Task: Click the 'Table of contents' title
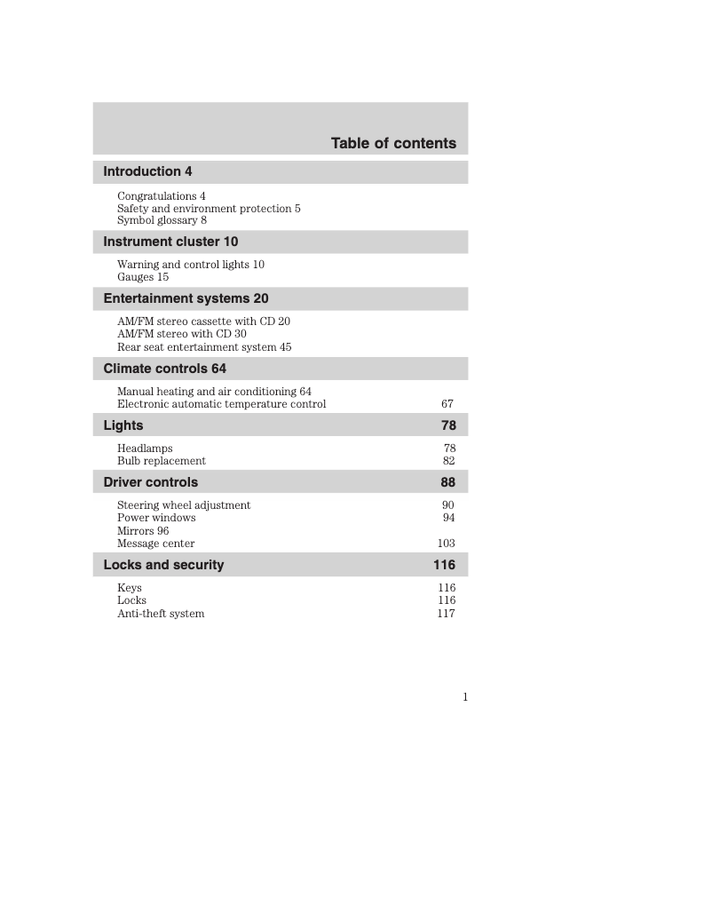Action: click(393, 143)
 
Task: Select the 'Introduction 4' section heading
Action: click(147, 171)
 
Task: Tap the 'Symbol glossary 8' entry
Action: click(162, 220)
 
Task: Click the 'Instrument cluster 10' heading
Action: click(170, 242)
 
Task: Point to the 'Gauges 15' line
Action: click(143, 277)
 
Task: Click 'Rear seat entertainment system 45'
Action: click(204, 347)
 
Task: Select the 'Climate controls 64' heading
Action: click(164, 369)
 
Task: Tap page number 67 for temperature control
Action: click(447, 404)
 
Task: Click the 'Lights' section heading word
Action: click(123, 425)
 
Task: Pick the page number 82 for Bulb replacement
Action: click(449, 461)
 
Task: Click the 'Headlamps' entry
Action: click(145, 449)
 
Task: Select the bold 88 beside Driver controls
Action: click(448, 482)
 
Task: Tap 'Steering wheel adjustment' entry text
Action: click(184, 505)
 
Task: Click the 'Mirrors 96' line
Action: click(143, 531)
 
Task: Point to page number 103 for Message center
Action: click(447, 544)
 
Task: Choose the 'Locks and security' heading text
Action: click(163, 565)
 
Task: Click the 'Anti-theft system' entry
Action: click(161, 614)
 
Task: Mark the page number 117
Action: click(447, 614)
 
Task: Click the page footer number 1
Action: click(465, 697)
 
